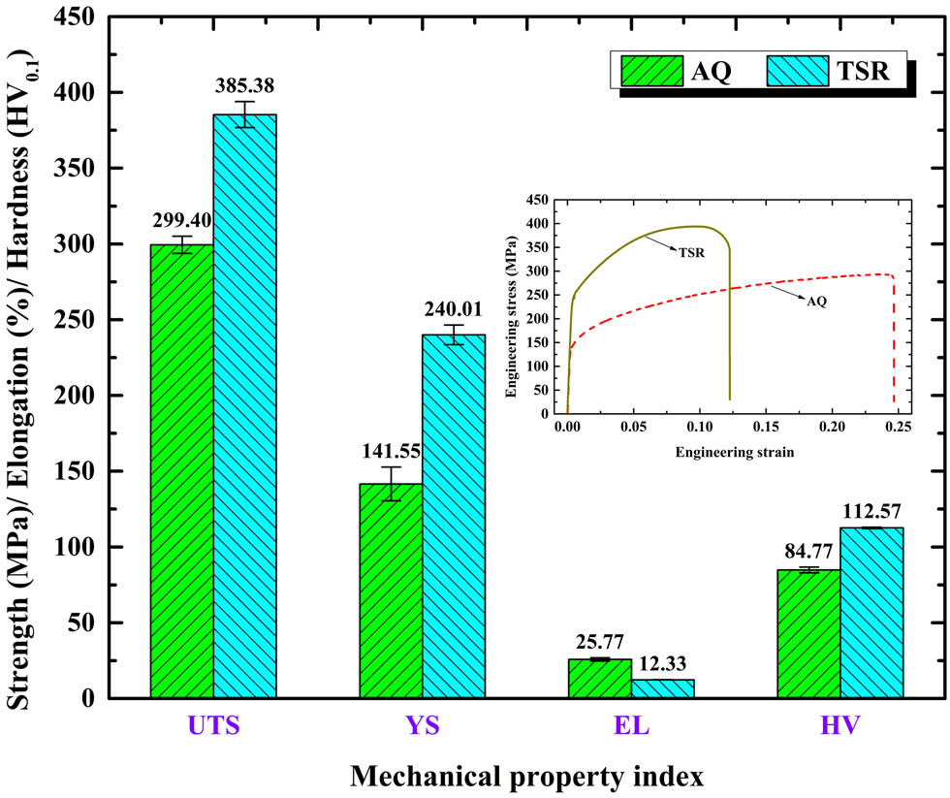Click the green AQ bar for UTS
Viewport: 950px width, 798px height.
[x=181, y=470]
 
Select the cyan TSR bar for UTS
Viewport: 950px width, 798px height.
[x=244, y=407]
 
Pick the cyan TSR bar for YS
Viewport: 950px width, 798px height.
[x=454, y=514]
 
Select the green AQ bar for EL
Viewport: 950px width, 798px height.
[x=599, y=678]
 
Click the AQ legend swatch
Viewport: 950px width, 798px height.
[x=652, y=71]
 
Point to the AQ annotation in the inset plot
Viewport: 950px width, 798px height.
[x=817, y=301]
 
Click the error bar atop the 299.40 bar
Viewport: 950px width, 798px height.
[x=181, y=244]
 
